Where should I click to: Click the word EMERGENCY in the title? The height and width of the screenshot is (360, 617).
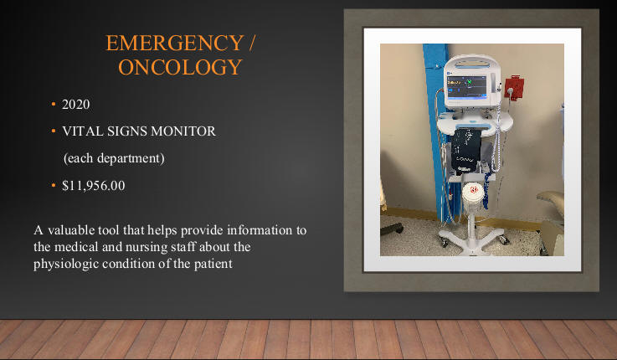click(175, 43)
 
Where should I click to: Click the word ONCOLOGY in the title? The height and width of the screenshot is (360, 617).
click(180, 67)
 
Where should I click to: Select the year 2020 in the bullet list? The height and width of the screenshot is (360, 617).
click(76, 105)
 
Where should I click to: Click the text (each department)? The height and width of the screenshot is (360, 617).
click(114, 158)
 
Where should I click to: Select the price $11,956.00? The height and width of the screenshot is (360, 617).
click(94, 185)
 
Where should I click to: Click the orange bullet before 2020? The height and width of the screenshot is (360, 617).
click(53, 105)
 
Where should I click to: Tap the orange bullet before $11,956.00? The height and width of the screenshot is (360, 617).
click(53, 185)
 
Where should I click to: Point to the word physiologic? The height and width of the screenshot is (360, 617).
click(66, 263)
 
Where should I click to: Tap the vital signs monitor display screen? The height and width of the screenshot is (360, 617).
click(466, 86)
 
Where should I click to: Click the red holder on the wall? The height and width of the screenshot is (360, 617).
click(514, 89)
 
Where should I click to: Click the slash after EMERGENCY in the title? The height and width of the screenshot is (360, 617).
click(252, 43)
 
